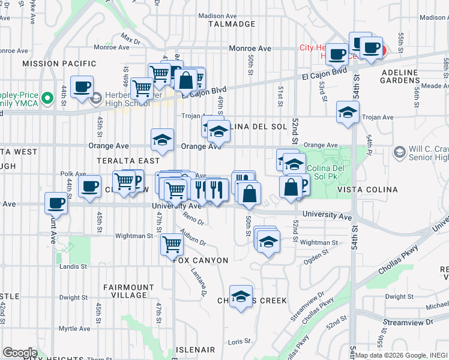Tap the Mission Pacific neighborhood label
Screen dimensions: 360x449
59,63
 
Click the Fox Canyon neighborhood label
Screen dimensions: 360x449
200,260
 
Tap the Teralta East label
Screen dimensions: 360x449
130,161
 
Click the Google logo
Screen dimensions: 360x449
20,353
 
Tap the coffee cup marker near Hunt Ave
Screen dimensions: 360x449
56,203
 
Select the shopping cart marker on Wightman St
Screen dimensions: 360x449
172,244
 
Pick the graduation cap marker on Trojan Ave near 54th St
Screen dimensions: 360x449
348,112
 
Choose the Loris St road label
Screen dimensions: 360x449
239,341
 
